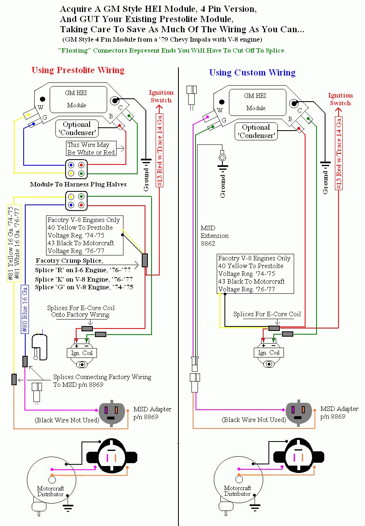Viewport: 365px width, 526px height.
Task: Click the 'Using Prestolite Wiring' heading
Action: coord(78,70)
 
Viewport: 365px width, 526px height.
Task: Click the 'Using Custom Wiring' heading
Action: coord(252,73)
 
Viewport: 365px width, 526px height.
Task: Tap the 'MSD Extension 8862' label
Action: coord(215,235)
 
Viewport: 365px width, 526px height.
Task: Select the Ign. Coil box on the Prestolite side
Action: coord(81,353)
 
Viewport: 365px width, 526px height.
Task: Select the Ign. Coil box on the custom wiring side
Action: coord(268,353)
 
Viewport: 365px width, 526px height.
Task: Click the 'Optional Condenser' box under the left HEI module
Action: coord(77,129)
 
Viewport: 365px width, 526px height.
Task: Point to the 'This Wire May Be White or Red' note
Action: coord(91,149)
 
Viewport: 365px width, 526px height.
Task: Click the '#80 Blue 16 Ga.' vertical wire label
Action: coord(24,309)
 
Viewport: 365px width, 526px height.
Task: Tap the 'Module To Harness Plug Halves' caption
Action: coord(78,184)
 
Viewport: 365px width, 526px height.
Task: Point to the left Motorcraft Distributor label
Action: coord(51,491)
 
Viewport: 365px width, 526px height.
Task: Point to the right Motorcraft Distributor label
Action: coord(237,491)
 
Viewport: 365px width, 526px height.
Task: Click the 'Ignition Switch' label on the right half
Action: coord(340,99)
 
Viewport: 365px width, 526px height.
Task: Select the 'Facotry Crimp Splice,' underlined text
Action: coord(69,261)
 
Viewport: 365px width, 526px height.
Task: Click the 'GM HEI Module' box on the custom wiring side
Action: coord(257,102)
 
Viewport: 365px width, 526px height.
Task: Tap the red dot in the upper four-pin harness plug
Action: coord(81,165)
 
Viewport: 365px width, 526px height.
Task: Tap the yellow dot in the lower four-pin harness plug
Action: coord(71,197)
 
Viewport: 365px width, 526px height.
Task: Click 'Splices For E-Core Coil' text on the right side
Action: coord(267,314)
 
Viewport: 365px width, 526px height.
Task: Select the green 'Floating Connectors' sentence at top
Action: coord(172,51)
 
